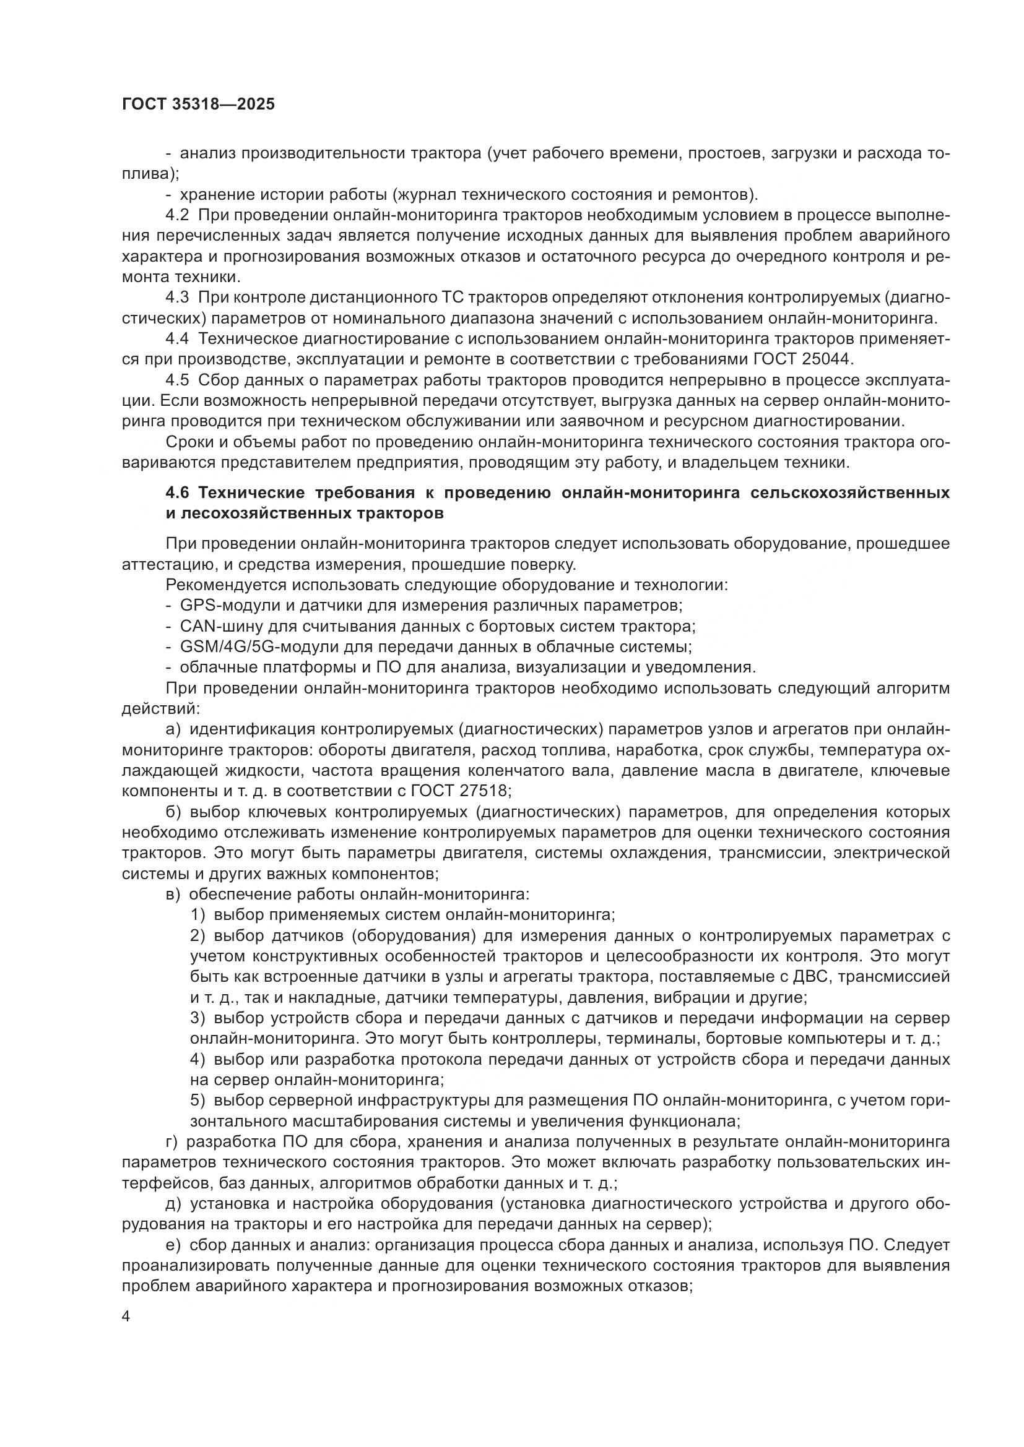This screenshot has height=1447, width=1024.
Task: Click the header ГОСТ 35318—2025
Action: coord(198,105)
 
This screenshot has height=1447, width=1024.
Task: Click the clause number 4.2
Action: coord(177,215)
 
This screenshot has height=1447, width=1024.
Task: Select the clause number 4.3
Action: coord(177,297)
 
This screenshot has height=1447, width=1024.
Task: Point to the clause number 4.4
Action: coord(177,338)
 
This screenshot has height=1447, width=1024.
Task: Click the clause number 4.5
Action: coord(177,379)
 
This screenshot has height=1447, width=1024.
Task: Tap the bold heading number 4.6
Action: coord(178,492)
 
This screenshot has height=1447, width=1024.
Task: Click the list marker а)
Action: coord(173,729)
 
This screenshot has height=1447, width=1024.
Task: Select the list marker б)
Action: coord(173,812)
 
